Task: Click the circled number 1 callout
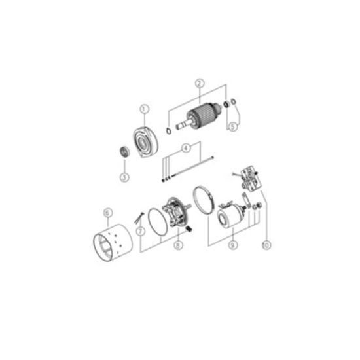(x=145, y=109)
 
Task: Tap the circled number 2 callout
(x=200, y=84)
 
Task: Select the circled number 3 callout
(x=124, y=177)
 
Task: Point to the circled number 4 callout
(x=186, y=148)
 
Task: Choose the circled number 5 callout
(x=233, y=127)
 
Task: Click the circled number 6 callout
(x=108, y=213)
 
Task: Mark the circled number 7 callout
(x=141, y=231)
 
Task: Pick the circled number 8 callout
(x=178, y=245)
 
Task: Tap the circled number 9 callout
(x=233, y=245)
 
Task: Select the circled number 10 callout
(x=266, y=245)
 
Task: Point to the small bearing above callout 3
(x=125, y=152)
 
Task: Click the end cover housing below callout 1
(x=145, y=142)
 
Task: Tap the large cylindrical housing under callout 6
(x=113, y=243)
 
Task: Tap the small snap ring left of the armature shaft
(x=169, y=131)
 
